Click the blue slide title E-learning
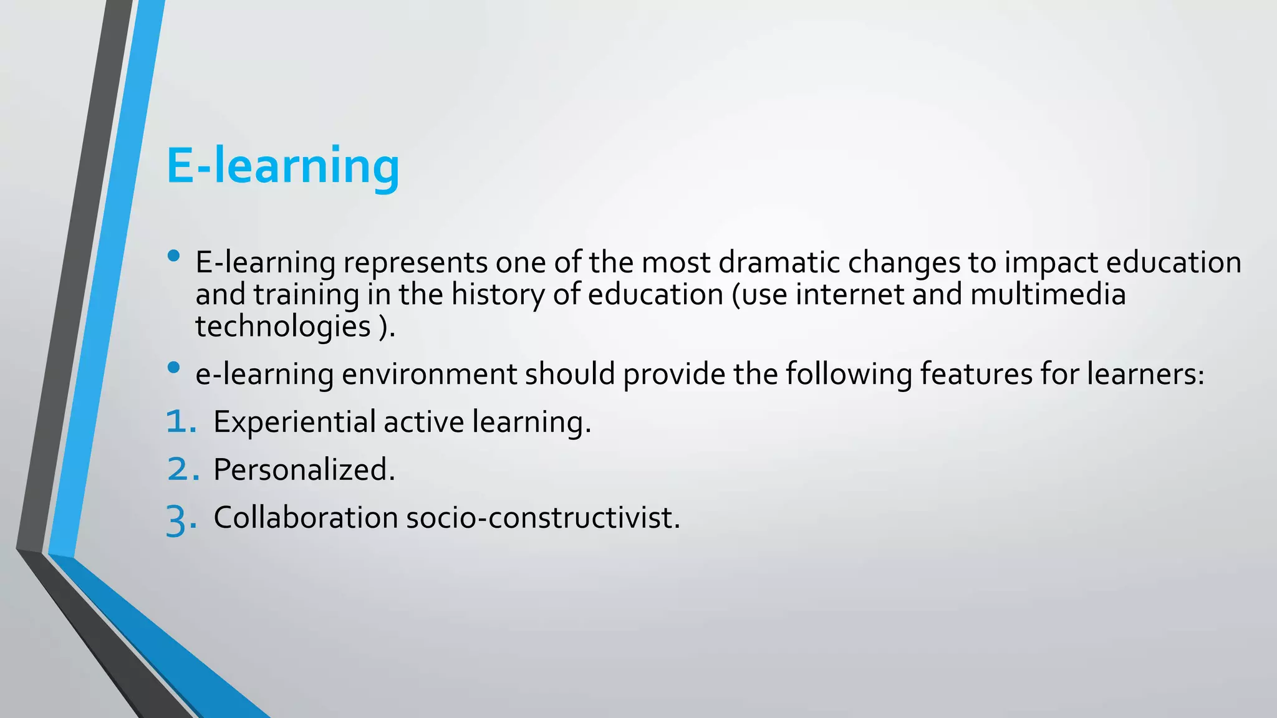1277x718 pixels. [x=282, y=166]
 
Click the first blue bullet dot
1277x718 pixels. [x=174, y=256]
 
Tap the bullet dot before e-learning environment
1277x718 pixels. [x=174, y=368]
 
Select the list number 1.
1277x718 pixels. [x=181, y=422]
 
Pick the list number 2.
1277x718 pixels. [x=183, y=469]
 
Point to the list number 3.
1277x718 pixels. [x=181, y=519]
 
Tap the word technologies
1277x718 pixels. [x=283, y=327]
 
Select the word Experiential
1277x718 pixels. [x=294, y=422]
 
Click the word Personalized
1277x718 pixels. [x=304, y=469]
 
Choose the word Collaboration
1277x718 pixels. [x=306, y=517]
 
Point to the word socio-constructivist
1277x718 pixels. [x=542, y=517]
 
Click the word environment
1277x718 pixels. [x=429, y=374]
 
